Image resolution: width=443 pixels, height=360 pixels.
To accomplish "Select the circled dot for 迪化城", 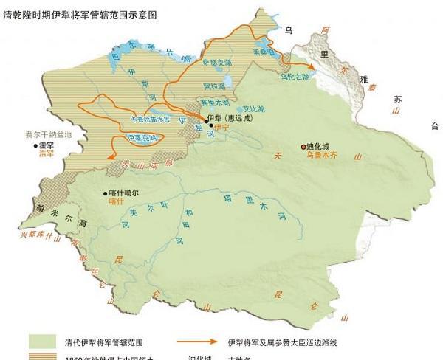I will pyautogui.click(x=303, y=147).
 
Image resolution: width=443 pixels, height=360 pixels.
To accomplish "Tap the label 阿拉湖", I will pyautogui.click(x=215, y=87).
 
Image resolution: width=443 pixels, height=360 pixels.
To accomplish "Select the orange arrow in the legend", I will pyautogui.click(x=199, y=342).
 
